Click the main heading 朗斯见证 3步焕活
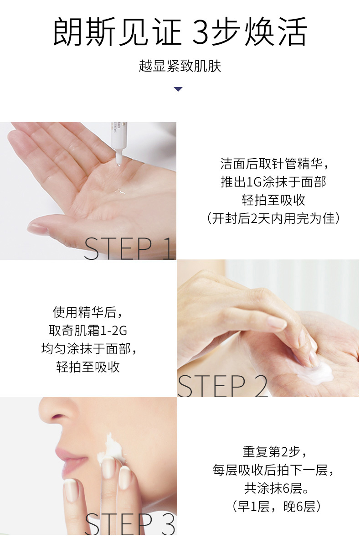180,32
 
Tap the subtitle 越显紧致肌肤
180,66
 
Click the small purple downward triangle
178,89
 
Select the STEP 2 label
222,386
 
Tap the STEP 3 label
130,524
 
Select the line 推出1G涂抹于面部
273,182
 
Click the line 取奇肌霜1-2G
88,331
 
